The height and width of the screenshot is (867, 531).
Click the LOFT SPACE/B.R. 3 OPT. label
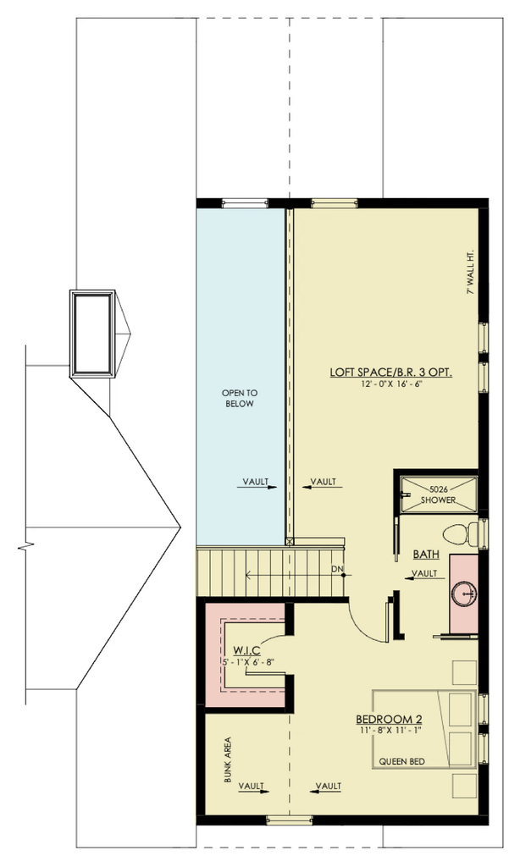(390, 373)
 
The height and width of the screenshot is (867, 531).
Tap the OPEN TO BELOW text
(240, 398)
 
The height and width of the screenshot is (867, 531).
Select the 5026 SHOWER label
(438, 494)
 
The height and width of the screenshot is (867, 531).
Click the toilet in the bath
(460, 533)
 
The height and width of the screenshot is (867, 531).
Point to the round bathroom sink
(463, 594)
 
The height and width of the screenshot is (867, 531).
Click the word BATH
(426, 554)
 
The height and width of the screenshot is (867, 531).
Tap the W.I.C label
(246, 650)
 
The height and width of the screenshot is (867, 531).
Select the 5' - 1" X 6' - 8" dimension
(248, 661)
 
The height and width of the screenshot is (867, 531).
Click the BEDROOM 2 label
(389, 720)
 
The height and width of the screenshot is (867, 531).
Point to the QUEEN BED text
(401, 761)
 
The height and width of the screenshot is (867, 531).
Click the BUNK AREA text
(227, 759)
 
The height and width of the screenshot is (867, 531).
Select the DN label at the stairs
(337, 568)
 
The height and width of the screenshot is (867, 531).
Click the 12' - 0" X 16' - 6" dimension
(390, 384)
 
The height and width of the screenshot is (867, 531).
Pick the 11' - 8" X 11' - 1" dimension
(389, 730)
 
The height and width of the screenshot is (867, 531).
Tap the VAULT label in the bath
(425, 573)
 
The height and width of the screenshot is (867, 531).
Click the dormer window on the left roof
(92, 334)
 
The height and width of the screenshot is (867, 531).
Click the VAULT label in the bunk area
(252, 786)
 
